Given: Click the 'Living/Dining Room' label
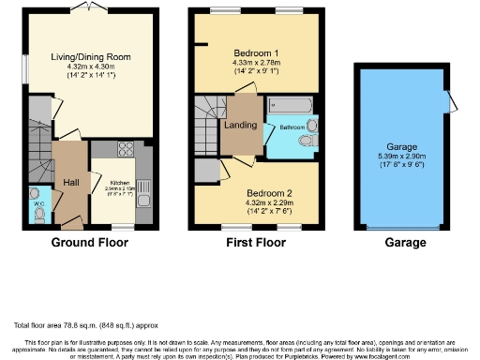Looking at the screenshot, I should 91,56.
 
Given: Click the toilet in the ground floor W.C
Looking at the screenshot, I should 37,214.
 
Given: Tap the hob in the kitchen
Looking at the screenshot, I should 125,150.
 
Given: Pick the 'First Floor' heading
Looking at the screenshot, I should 255,243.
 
